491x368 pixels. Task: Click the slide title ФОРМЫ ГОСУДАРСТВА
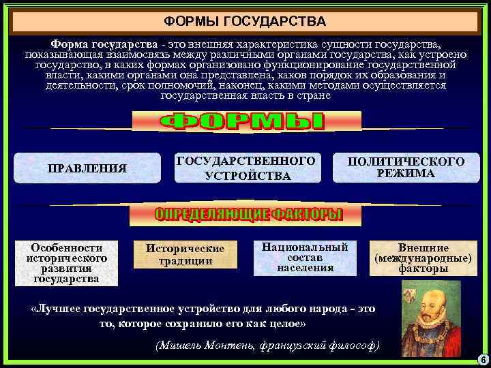246,22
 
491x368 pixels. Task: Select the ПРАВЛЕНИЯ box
87,168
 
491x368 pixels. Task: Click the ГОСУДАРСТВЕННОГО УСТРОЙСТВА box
246,168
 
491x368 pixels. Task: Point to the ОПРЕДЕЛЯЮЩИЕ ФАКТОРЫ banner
246,215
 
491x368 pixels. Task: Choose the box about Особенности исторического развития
66,262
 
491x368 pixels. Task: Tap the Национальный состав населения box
305,257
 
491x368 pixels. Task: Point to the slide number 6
481,359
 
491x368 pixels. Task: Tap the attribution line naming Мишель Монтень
267,345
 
